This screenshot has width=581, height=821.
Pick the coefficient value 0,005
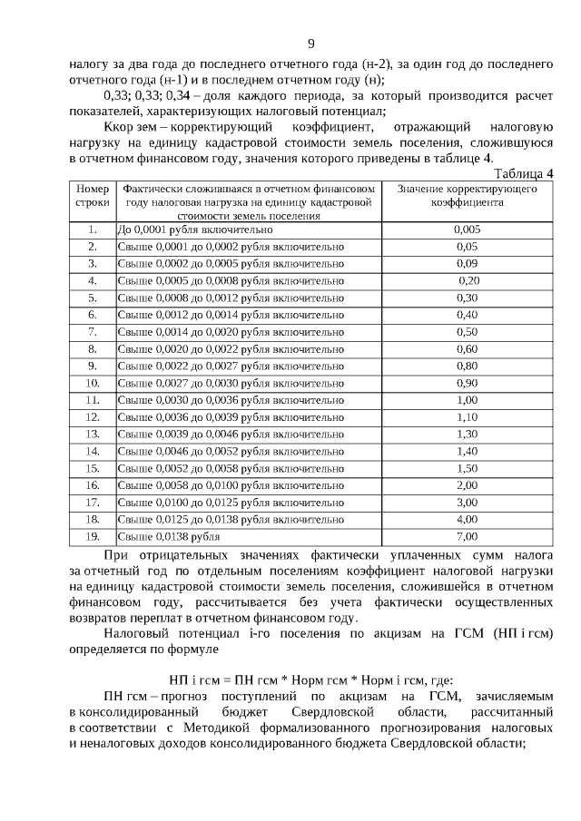[467, 230]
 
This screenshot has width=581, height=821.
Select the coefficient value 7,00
[467, 536]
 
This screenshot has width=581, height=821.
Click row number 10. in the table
[92, 383]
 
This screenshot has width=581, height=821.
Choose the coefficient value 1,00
[467, 400]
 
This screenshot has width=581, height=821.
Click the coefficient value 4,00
[467, 519]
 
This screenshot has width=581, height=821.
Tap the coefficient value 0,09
[467, 263]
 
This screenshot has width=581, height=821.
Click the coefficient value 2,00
[467, 485]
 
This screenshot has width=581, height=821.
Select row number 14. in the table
[92, 451]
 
